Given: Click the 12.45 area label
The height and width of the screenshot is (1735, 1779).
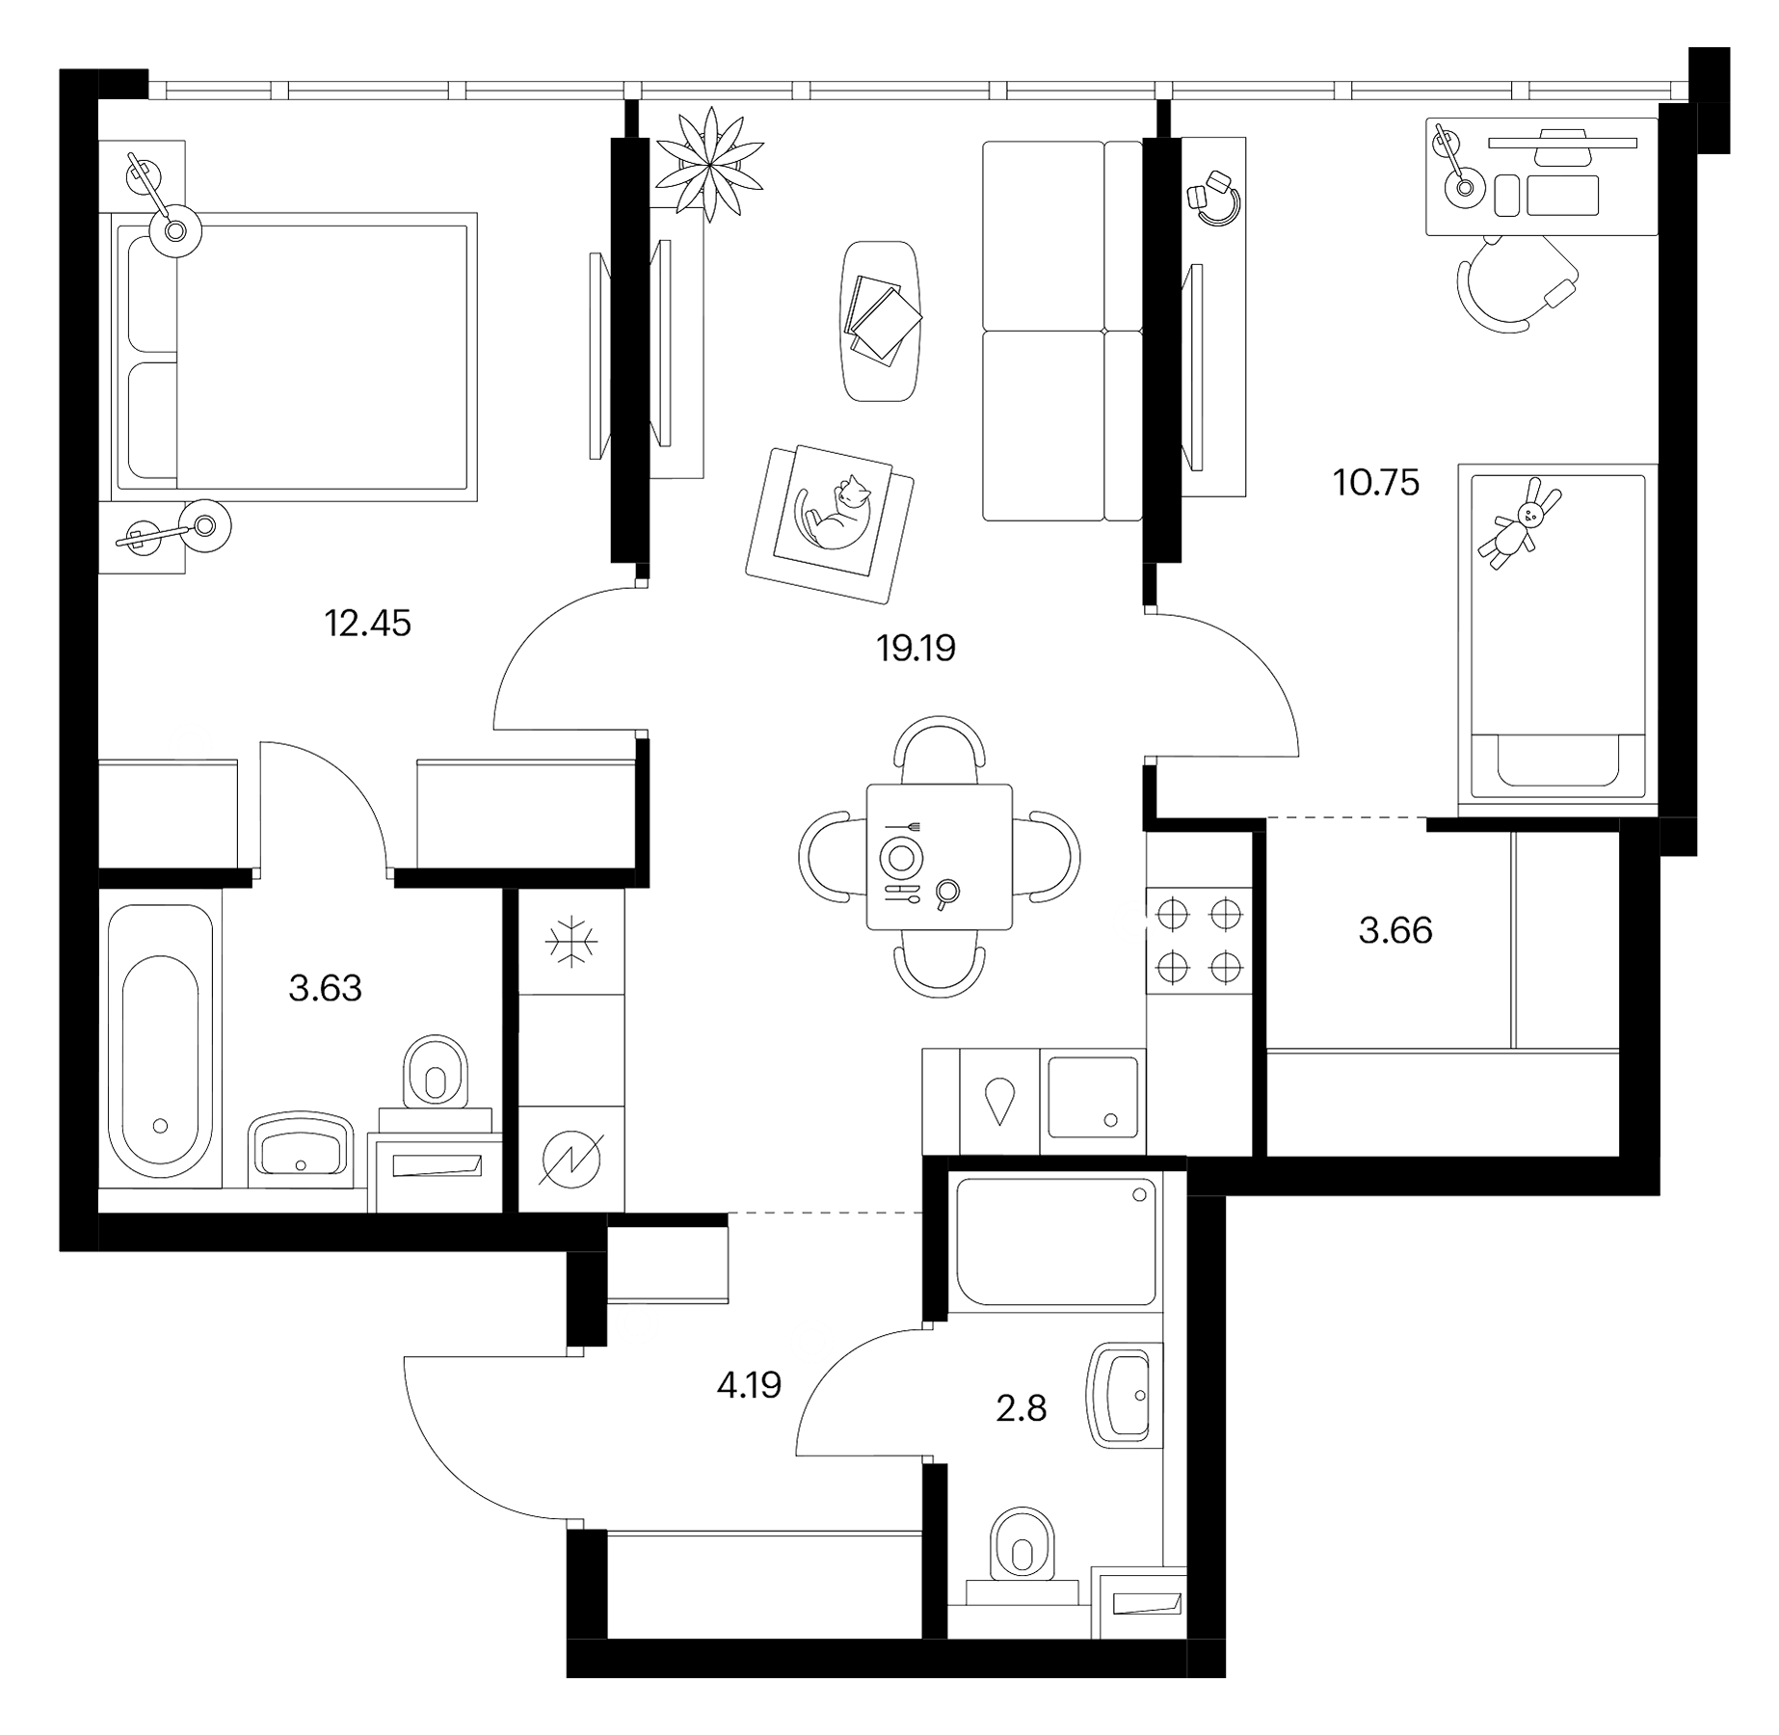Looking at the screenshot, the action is point(368,624).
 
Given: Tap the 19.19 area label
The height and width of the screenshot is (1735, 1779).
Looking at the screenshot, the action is point(916,649).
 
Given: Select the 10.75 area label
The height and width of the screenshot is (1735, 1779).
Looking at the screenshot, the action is point(1376,482).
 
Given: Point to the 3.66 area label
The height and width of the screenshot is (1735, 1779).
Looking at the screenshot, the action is point(1395,930).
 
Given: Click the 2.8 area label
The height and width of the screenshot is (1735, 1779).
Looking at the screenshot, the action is point(1022,1408).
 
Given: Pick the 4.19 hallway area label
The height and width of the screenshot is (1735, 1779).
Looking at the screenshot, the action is point(749,1385).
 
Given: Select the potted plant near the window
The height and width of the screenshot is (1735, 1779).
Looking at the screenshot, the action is point(710,163).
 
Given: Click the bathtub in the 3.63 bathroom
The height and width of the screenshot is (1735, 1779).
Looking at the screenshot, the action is point(161,1040).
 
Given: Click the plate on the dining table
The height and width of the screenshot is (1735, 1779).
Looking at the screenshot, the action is point(902,856).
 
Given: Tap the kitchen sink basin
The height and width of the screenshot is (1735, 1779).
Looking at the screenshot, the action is point(1093,1097).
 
